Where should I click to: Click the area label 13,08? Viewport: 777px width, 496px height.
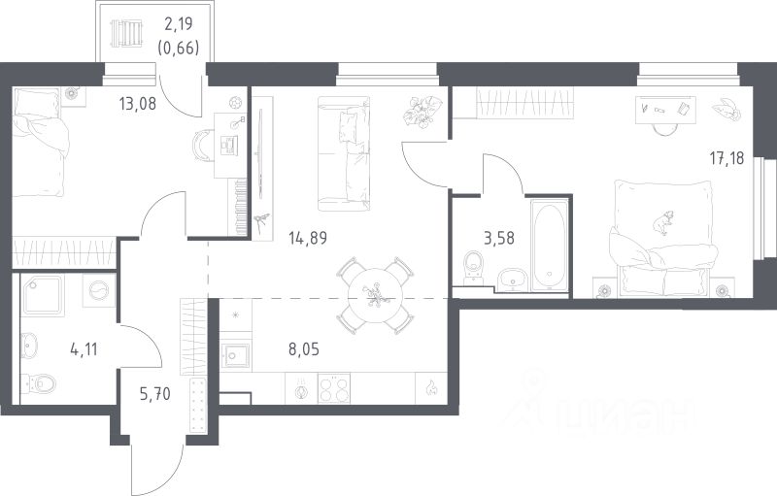point(137,104)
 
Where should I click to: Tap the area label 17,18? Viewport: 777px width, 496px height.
point(726,159)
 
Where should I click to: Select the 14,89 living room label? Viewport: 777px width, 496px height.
point(308,238)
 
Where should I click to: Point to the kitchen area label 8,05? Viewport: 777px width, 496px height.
point(304,349)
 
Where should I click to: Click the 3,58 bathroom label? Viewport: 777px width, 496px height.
point(498,238)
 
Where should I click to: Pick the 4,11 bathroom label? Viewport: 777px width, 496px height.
point(84,350)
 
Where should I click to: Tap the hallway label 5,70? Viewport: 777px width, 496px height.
point(155,394)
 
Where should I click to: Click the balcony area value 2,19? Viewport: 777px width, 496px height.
point(178,23)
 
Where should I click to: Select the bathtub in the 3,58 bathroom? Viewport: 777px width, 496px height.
point(550,244)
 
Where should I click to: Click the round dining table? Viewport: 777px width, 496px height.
point(373,296)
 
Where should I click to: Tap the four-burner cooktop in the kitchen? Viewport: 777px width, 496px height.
point(333,388)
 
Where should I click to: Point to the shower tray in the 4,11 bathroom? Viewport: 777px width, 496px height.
point(43,296)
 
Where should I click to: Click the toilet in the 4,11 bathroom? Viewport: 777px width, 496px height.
point(39,382)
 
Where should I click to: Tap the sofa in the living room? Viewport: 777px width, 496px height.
point(344,153)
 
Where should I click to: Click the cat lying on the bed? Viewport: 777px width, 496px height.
point(663,221)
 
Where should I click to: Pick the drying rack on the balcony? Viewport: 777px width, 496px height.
point(126,33)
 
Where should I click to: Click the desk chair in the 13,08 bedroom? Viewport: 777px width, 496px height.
point(202,146)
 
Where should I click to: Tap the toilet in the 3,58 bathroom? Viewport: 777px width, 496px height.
point(473,268)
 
